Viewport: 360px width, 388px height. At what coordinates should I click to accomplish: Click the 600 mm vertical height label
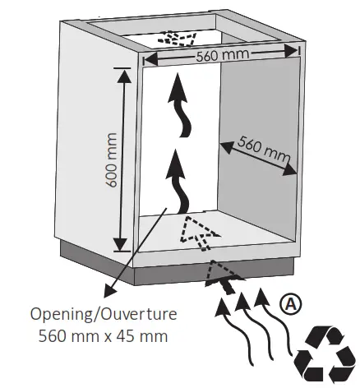(110, 160)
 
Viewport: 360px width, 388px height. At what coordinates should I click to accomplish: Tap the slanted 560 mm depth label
(264, 149)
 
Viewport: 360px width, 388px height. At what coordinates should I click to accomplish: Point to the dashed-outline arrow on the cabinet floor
(197, 232)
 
